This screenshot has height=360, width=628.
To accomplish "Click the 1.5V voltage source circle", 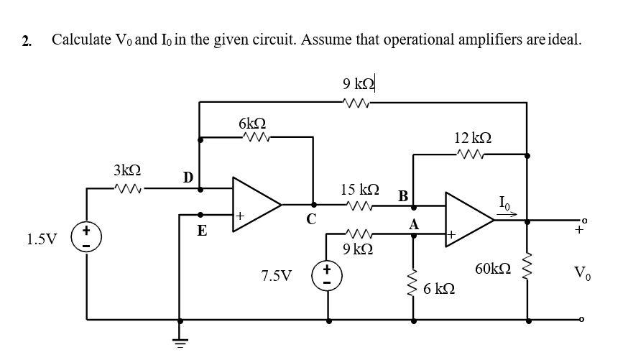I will pos(87,238).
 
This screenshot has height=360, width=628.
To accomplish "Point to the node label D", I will pos(187,176).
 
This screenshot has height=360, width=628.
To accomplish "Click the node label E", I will pos(202,231).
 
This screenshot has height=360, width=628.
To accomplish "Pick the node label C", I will pos(312,219).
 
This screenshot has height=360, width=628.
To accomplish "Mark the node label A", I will pos(413,224).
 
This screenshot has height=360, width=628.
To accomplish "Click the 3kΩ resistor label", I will pos(127,170).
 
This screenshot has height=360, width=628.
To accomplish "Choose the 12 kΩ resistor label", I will pos(474,137).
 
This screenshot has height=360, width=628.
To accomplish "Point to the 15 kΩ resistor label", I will pos(359,190).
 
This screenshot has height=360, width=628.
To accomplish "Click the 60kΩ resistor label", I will pos(493,269).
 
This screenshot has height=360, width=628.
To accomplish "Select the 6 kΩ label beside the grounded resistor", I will pos(439,289).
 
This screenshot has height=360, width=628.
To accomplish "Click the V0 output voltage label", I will pos(582,272).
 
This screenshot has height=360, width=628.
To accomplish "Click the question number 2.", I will pos(27,40).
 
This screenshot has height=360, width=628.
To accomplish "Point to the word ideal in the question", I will pos(565,39).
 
